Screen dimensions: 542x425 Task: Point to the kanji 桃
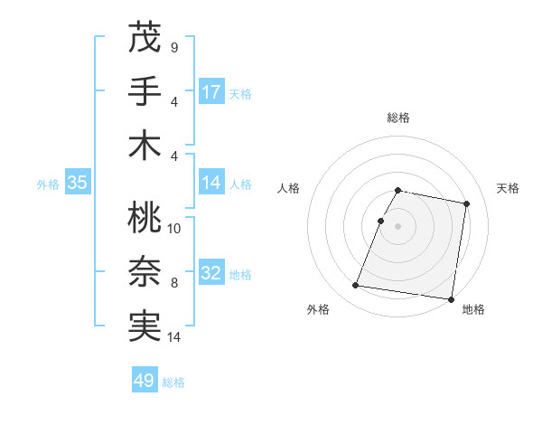click(145, 218)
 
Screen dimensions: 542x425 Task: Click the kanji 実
click(145, 325)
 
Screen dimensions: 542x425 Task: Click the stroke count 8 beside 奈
click(174, 283)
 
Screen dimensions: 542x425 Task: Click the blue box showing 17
click(211, 91)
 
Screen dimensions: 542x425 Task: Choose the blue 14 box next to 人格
click(211, 183)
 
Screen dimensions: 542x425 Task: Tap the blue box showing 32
click(211, 273)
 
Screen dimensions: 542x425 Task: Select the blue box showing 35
click(78, 183)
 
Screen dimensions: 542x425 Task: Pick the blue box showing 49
click(145, 381)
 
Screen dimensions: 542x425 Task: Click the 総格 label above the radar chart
click(398, 118)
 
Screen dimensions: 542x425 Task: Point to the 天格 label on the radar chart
click(508, 188)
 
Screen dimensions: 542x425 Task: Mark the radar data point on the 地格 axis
click(450, 299)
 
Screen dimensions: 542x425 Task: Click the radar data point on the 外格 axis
click(355, 286)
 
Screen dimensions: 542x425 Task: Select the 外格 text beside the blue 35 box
click(48, 184)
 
